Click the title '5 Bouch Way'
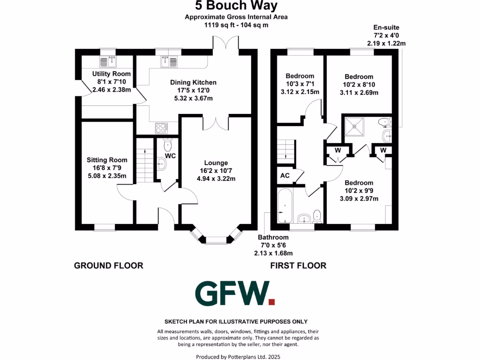pyautogui.click(x=236, y=6)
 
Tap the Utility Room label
pyautogui.click(x=112, y=82)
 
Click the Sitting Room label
pyautogui.click(x=106, y=168)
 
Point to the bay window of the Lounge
pyautogui.click(x=217, y=238)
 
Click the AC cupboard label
pyautogui.click(x=285, y=176)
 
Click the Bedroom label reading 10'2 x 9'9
pyautogui.click(x=359, y=191)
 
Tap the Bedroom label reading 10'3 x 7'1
pyautogui.click(x=300, y=84)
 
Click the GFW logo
pyautogui.click(x=235, y=294)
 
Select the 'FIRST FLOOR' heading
pyautogui.click(x=298, y=266)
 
